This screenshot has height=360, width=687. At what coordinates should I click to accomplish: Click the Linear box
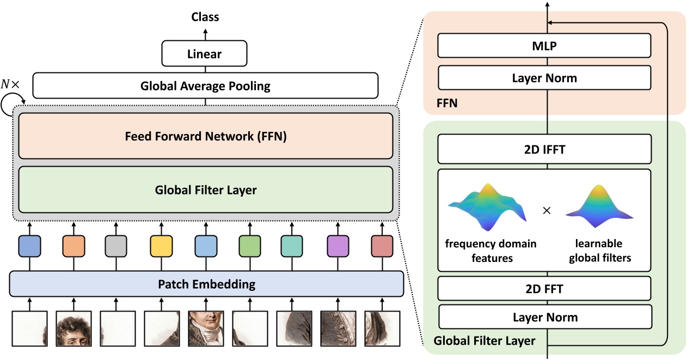tap(205, 54)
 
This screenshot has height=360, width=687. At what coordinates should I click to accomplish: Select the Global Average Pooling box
tap(205, 86)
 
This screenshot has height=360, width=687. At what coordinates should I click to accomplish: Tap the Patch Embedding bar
tap(206, 284)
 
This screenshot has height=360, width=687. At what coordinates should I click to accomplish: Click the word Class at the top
tap(205, 17)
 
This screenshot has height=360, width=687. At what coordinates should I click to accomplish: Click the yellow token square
tap(161, 246)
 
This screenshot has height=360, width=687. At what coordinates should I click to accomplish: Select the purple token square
tap(338, 246)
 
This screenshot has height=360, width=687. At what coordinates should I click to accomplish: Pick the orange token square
tap(73, 246)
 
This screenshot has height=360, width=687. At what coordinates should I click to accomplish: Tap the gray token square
tap(116, 246)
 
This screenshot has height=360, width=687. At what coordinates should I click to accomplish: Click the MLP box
tap(544, 46)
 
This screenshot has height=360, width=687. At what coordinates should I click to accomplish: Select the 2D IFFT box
tap(544, 149)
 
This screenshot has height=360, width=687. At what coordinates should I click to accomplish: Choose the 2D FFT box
tap(544, 289)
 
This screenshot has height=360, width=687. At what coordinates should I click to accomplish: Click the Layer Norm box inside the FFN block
tap(544, 78)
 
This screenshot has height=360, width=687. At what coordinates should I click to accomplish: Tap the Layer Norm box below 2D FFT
tap(544, 317)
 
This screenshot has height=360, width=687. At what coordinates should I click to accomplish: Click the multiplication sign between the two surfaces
tap(547, 210)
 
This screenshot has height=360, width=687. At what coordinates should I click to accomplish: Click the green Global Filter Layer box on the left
tap(206, 190)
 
